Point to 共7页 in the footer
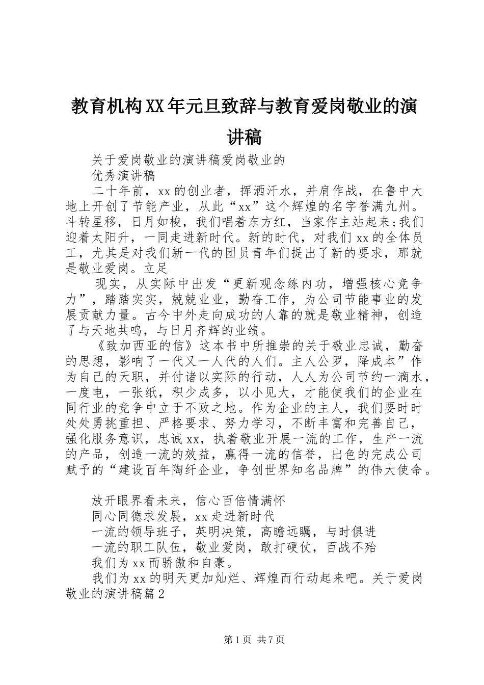point(271,640)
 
